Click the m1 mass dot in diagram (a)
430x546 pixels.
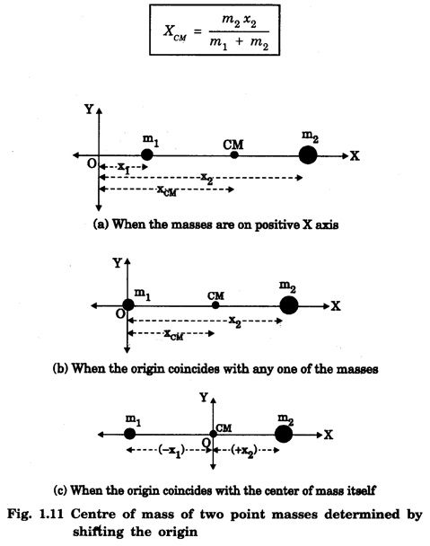(147, 154)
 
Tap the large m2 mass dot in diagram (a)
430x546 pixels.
(308, 155)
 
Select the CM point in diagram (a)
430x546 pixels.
(234, 155)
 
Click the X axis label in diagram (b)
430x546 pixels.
(336, 306)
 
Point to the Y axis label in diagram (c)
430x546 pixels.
(204, 397)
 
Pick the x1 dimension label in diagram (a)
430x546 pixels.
(124, 168)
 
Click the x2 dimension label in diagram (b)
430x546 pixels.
(235, 321)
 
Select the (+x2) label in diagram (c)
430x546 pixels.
(244, 451)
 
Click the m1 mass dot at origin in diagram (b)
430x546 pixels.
(128, 305)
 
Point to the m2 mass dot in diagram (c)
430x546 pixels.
(284, 435)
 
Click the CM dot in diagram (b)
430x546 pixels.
(215, 305)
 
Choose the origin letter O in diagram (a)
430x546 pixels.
(92, 163)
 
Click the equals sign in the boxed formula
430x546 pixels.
(197, 31)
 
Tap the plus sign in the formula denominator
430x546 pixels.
(239, 42)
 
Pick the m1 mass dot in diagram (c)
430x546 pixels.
(130, 434)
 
